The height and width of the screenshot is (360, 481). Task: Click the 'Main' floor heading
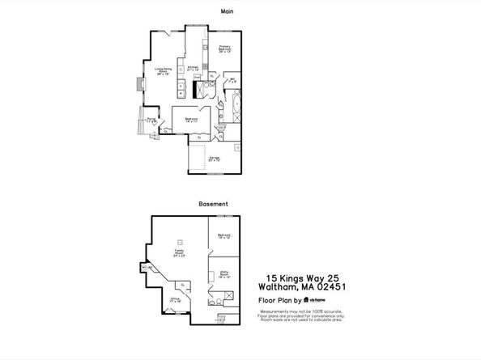coord(229,11)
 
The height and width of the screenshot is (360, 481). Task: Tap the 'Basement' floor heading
coord(213,204)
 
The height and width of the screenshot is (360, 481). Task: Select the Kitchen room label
coord(194,68)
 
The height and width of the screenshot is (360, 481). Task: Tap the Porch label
coord(151,120)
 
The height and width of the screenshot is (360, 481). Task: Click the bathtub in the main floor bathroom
coord(236,104)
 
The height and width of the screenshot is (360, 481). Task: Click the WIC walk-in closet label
coord(231,80)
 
